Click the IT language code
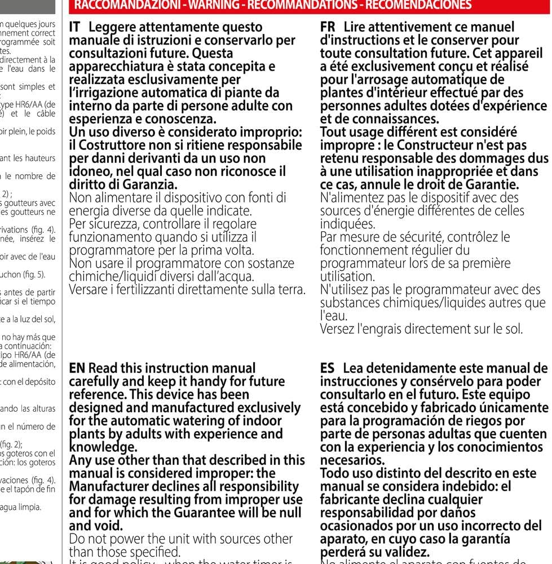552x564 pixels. coord(76,27)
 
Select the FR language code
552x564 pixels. coord(328,27)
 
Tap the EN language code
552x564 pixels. coord(77,368)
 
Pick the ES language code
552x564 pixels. coord(328,368)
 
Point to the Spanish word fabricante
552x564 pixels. coord(349,500)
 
